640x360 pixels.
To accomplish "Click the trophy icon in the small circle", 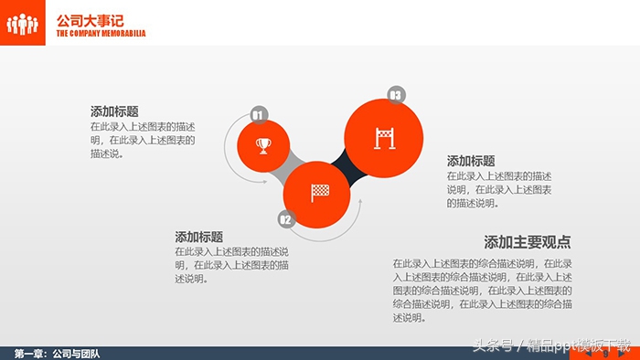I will click(x=263, y=145).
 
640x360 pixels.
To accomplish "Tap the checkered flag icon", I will click(x=319, y=193).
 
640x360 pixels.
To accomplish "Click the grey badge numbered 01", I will click(x=258, y=114).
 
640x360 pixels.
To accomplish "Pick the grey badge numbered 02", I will click(x=285, y=219).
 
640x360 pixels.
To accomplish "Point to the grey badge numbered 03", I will click(x=396, y=95).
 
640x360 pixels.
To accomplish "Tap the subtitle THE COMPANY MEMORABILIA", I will click(x=101, y=34).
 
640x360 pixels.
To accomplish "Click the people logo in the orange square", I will click(x=22, y=22).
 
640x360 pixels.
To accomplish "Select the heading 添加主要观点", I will click(x=528, y=242).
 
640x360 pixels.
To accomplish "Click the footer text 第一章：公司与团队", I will click(x=57, y=353).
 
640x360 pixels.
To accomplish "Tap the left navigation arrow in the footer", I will click(x=588, y=354).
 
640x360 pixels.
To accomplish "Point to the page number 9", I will click(x=606, y=354).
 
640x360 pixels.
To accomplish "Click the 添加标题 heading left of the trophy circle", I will click(x=114, y=111).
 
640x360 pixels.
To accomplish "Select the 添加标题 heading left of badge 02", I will click(x=198, y=237).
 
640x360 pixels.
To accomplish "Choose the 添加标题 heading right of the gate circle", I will click(x=471, y=161).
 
